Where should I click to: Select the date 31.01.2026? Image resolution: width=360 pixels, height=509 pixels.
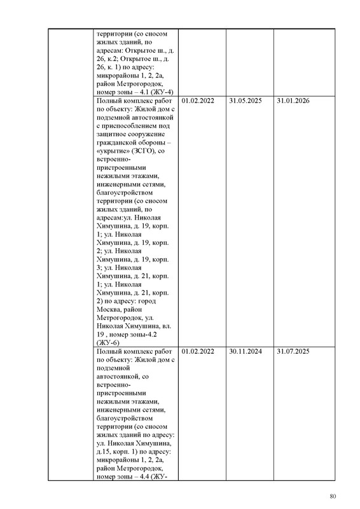pos(293,101)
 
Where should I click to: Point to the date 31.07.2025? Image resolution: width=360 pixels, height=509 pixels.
pos(293,351)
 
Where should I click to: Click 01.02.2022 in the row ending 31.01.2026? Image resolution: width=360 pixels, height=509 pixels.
pos(198,101)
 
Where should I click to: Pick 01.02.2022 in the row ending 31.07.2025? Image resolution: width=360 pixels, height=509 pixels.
pos(198,351)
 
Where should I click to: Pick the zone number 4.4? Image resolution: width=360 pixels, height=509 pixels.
pos(141,476)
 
